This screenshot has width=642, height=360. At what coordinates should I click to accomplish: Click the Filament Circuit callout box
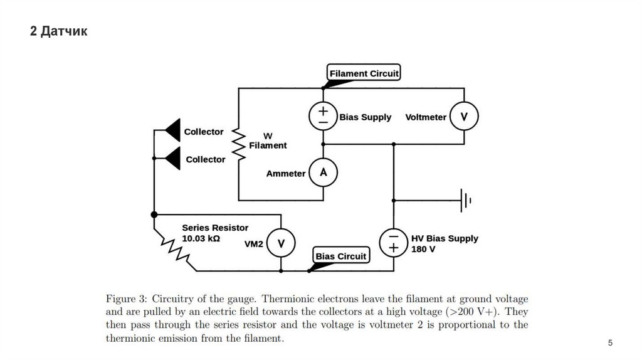tap(364, 73)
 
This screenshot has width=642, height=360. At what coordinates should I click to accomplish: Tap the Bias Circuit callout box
tap(340, 256)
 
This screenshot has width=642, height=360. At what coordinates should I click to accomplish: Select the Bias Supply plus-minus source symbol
tap(323, 117)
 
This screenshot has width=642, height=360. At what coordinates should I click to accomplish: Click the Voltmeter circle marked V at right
tap(464, 117)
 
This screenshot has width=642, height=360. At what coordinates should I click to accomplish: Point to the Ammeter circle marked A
tap(324, 172)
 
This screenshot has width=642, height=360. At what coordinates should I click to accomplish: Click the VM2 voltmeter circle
tap(280, 244)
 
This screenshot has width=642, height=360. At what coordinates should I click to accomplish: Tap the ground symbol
tap(465, 201)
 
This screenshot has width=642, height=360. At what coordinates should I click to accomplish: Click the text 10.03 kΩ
tap(201, 239)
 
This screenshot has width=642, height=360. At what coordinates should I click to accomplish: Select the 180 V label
tap(423, 249)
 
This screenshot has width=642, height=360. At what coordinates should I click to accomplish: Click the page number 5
tap(610, 343)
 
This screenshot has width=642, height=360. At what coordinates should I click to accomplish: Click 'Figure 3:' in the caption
tap(127, 298)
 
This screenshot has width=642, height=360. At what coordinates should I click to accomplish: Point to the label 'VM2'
tap(253, 245)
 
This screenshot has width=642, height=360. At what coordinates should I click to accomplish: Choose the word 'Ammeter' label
tap(285, 173)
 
